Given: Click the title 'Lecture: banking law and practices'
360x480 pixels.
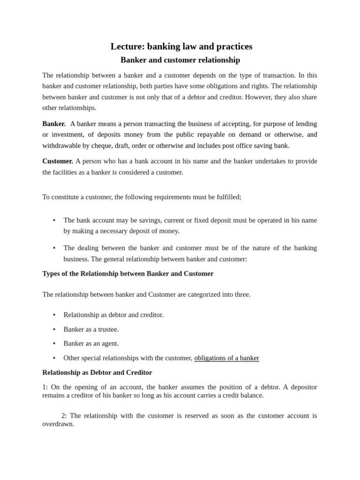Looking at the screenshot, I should [x=181, y=46].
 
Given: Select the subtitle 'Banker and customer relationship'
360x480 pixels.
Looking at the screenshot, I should [x=180, y=60].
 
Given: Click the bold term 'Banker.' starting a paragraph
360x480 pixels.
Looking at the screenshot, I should [x=54, y=124].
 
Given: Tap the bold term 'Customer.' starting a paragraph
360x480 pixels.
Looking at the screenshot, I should [x=58, y=161].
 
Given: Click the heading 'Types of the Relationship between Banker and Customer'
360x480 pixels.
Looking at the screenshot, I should [x=127, y=274].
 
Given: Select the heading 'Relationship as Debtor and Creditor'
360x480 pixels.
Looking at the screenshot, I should [x=97, y=373].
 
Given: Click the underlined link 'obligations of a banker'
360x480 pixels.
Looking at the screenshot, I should [x=226, y=358].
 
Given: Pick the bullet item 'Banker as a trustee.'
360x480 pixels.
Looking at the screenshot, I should [x=91, y=330].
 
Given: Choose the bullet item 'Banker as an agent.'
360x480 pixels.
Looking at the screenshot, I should [x=91, y=344].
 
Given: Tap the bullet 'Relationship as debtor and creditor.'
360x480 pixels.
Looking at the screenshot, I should [x=113, y=315].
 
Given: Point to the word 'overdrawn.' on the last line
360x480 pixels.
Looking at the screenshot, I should [x=58, y=424].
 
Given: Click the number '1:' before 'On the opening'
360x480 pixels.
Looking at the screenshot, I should [x=45, y=387].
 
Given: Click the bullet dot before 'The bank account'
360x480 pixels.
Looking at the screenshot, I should [x=54, y=220].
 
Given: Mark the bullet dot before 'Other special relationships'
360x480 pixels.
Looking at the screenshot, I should [x=54, y=358].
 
